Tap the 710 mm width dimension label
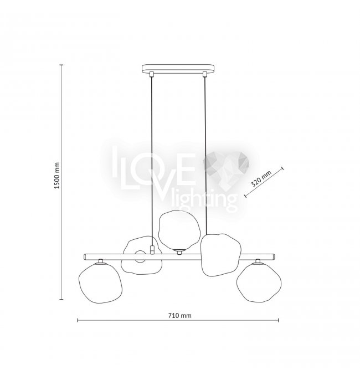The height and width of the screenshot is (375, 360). [x=179, y=316]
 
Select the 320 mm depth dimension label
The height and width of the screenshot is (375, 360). [x=261, y=179]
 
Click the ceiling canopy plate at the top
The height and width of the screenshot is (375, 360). [x=178, y=68]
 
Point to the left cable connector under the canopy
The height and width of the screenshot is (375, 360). [x=151, y=74]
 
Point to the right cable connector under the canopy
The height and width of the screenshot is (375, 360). [x=204, y=74]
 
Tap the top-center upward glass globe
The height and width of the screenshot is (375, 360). [x=179, y=229]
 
